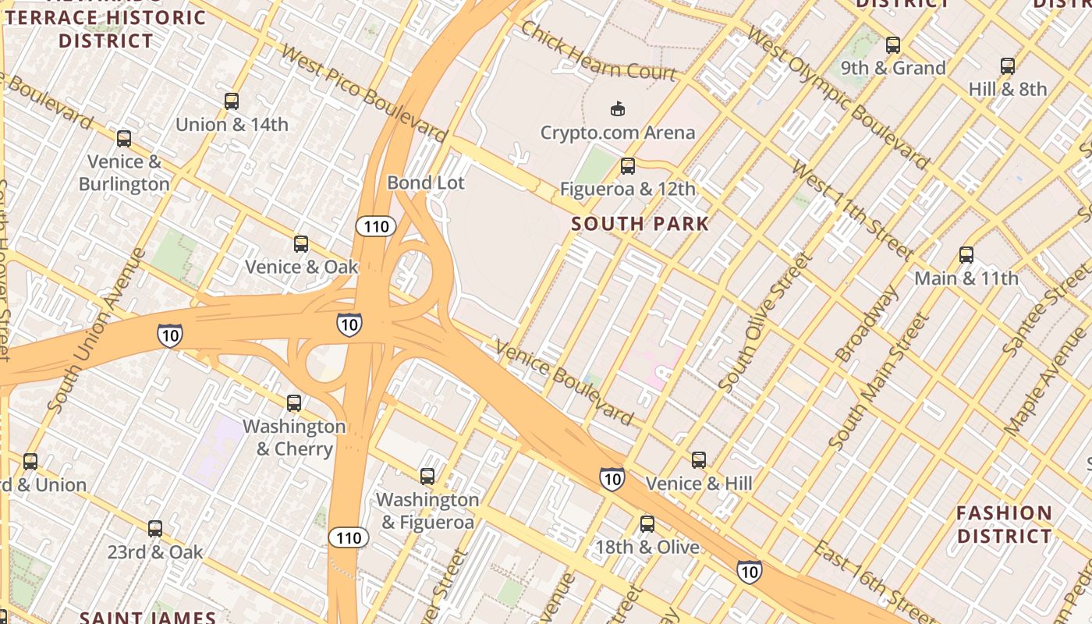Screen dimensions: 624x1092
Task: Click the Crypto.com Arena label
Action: click(617, 133)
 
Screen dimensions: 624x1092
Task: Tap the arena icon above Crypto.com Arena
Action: click(618, 108)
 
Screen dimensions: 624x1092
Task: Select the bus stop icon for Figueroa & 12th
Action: click(627, 166)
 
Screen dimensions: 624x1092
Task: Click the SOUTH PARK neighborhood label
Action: click(640, 224)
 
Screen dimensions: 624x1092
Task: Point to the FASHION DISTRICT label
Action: click(1004, 524)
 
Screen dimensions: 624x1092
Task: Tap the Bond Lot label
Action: click(426, 183)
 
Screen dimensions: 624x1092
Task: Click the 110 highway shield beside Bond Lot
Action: click(376, 227)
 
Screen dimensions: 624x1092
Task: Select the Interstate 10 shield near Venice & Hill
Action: click(612, 478)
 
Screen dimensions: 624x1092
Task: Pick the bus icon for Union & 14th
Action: click(232, 101)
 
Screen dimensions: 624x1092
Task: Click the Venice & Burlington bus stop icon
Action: click(124, 139)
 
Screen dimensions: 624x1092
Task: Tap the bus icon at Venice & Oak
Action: click(301, 244)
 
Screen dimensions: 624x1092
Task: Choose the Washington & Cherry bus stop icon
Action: click(294, 403)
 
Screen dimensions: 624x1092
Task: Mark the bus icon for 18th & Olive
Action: click(647, 524)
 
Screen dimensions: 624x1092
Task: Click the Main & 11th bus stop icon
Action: click(966, 255)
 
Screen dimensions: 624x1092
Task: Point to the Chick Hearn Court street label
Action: click(597, 51)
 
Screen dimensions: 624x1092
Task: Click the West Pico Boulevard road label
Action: click(363, 94)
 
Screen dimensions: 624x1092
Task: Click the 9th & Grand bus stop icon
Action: click(893, 45)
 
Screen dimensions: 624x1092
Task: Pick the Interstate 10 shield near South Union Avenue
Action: click(170, 335)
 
